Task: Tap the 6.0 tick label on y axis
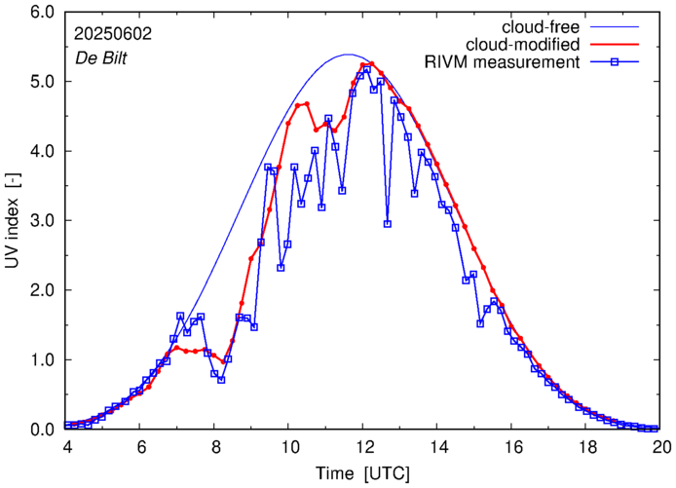[41, 13]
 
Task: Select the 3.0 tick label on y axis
[41, 221]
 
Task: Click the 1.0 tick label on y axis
[41, 360]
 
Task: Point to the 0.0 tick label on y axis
[41, 430]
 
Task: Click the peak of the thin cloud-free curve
[349, 55]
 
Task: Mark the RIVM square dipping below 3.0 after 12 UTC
[388, 224]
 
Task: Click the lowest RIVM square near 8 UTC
[221, 379]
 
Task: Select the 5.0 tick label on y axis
[41, 82]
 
